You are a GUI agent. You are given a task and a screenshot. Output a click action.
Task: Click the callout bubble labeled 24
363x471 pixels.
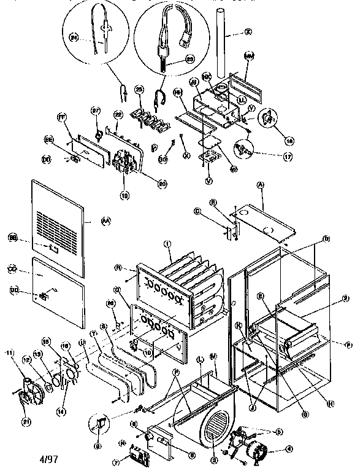tap(74, 37)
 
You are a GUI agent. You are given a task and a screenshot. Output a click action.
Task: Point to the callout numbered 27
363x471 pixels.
tap(95, 111)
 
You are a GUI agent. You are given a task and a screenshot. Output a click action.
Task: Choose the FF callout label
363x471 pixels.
tap(61, 115)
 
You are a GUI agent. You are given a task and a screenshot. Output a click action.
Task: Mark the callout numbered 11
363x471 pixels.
tap(9, 352)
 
